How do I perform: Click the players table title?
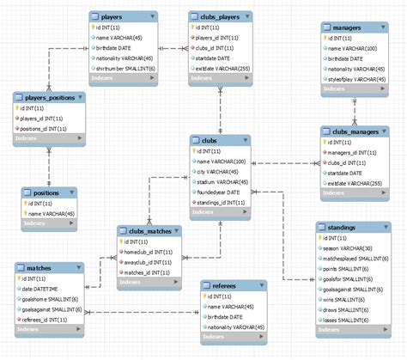[112, 16]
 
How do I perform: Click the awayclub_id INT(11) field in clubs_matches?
[149, 263]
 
